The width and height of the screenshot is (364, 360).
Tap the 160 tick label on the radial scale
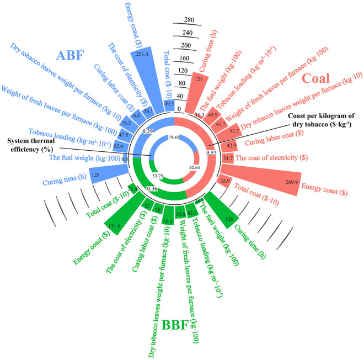coord(185,58)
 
